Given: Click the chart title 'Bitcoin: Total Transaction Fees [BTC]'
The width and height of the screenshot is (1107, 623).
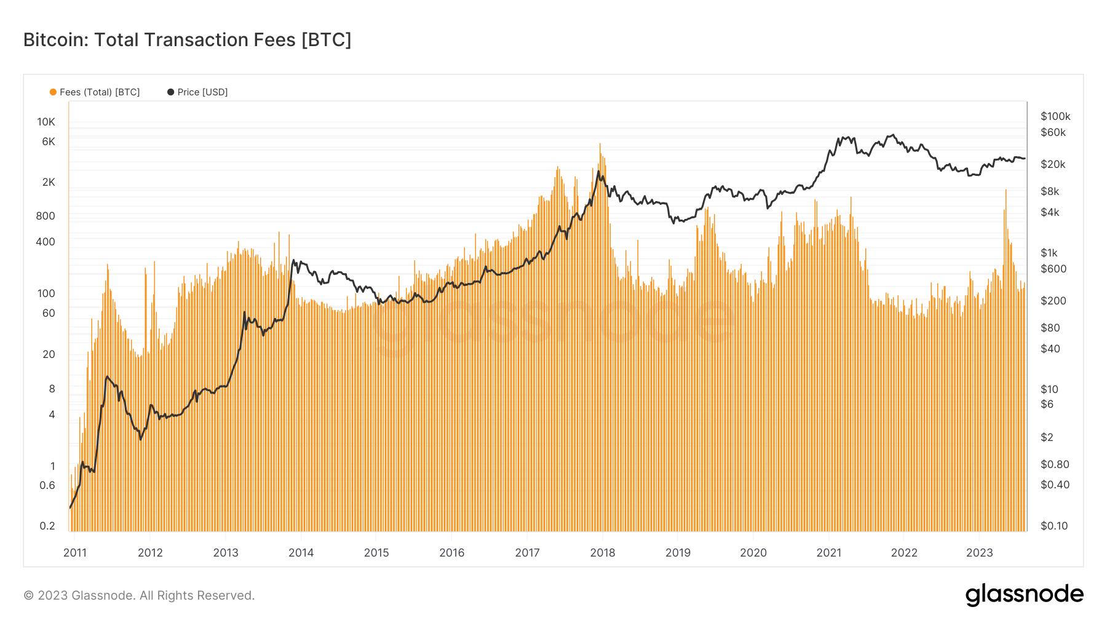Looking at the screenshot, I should [x=187, y=40].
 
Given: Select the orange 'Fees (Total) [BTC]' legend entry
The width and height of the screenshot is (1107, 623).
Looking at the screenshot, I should [x=95, y=92].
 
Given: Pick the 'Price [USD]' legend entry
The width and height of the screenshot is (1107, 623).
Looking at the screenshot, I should [x=197, y=92].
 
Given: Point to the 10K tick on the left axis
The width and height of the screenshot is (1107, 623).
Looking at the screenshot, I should [x=46, y=122].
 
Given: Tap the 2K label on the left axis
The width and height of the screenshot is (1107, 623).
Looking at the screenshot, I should [x=49, y=182].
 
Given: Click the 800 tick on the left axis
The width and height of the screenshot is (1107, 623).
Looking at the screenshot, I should [x=46, y=216].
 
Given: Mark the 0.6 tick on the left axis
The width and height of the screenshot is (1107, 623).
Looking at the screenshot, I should [x=47, y=485].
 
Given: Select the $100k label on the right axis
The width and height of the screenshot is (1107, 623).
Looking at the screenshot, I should [x=1055, y=116].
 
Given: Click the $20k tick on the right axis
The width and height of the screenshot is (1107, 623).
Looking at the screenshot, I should [x=1053, y=164].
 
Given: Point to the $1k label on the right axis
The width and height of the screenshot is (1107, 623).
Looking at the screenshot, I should [x=1049, y=253].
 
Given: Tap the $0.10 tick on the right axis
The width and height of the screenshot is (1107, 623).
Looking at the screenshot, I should [x=1054, y=526].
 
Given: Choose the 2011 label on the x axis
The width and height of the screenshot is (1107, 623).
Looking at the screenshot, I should [x=75, y=552].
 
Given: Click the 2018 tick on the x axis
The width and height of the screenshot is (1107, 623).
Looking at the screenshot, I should [x=603, y=552].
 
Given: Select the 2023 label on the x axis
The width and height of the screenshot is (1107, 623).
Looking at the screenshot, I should [x=979, y=552].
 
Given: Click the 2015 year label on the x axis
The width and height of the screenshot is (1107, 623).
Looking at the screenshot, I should [x=376, y=552].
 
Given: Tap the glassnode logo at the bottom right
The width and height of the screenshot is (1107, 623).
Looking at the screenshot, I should [x=1024, y=595].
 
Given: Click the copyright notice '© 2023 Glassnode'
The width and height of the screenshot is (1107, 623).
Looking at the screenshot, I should [x=139, y=595].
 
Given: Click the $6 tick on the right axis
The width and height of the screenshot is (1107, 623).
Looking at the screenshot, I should [x=1047, y=404].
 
